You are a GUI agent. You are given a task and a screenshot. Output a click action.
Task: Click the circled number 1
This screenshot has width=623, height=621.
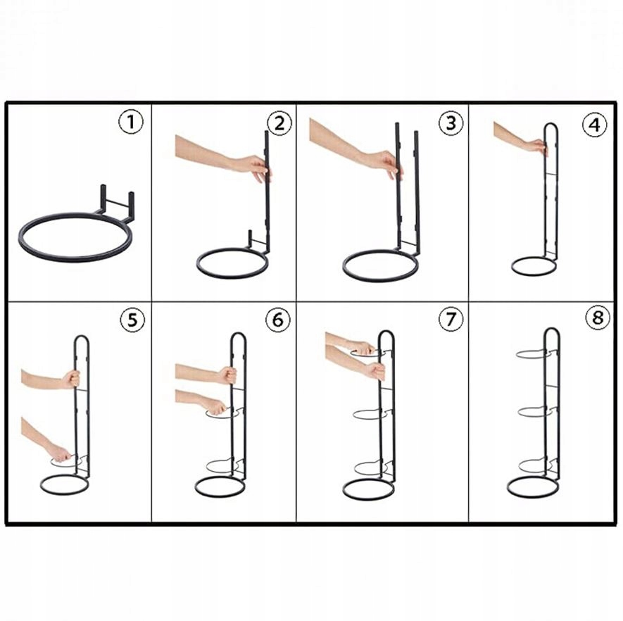pyautogui.click(x=131, y=123)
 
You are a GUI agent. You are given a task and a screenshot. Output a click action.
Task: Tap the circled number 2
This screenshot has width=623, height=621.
pyautogui.click(x=279, y=123)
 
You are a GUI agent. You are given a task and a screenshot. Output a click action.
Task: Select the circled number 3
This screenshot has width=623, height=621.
pyautogui.click(x=451, y=123)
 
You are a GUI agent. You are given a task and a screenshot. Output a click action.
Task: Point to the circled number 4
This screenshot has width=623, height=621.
pyautogui.click(x=594, y=125)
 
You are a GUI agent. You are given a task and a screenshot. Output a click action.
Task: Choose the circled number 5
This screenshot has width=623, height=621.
pyautogui.click(x=132, y=320)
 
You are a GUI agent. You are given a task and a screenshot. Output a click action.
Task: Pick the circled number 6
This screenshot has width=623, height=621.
pyautogui.click(x=278, y=319)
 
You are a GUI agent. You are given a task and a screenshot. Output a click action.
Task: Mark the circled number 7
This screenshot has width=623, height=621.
pyautogui.click(x=451, y=319)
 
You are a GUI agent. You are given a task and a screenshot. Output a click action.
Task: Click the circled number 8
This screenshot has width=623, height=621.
pyautogui.click(x=598, y=318)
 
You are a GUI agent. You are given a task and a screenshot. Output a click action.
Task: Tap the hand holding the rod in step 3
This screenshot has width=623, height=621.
pyautogui.click(x=386, y=163)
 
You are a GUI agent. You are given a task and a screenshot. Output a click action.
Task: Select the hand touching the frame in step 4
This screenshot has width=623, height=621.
pyautogui.click(x=537, y=146)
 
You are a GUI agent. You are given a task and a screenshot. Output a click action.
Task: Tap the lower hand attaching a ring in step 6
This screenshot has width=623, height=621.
pyautogui.click(x=215, y=406)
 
